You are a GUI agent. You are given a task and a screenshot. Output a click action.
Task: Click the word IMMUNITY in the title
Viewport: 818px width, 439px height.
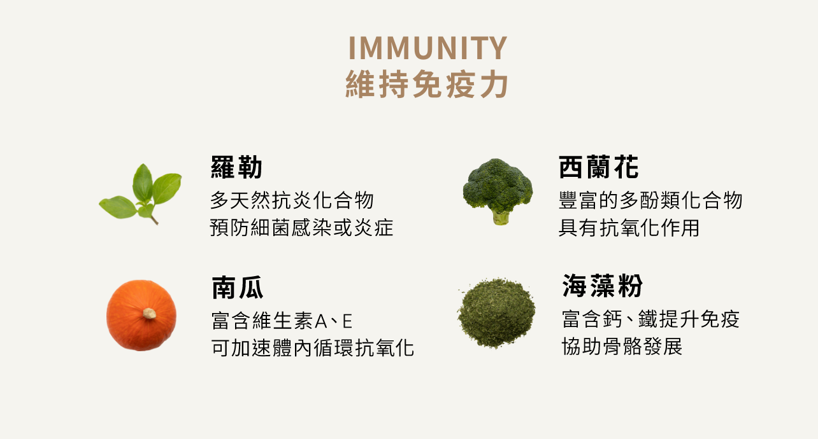tap(427, 48)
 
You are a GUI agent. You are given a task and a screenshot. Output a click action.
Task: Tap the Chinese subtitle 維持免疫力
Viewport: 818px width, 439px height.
tap(427, 84)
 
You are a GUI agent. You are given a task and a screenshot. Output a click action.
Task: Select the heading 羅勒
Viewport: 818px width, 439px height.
tap(236, 167)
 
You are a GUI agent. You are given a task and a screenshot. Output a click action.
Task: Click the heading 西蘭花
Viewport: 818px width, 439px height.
tap(599, 167)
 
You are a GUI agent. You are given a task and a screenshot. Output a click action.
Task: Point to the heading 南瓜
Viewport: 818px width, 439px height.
tap(238, 288)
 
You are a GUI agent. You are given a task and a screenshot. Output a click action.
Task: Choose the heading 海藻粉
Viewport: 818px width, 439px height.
tap(603, 286)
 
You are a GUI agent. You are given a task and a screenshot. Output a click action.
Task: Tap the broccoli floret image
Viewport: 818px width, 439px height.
tap(498, 191)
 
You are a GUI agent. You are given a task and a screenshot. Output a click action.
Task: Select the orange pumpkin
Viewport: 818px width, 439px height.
tap(141, 316)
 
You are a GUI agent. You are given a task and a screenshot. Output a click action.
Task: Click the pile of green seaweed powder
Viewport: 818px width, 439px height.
tap(496, 312)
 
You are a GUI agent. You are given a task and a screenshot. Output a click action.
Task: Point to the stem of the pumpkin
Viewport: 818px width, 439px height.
tap(149, 313)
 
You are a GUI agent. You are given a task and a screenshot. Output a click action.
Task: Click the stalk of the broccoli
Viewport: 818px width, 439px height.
tap(501, 218)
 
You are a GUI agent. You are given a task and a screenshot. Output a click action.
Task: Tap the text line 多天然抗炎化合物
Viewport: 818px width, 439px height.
tap(292, 200)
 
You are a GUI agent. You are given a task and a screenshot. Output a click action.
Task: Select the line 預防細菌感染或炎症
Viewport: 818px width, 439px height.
tap(301, 228)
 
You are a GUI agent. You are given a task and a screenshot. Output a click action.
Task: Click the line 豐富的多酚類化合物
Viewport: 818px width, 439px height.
tap(650, 200)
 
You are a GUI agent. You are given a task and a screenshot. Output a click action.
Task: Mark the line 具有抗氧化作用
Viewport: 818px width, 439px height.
tap(629, 228)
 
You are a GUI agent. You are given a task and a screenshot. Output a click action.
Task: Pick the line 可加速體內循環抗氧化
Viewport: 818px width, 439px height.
tap(313, 347)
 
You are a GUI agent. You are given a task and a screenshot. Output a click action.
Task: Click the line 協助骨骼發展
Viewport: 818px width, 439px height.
tap(622, 346)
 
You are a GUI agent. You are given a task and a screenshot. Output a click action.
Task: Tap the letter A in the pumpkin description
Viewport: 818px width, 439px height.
tap(320, 321)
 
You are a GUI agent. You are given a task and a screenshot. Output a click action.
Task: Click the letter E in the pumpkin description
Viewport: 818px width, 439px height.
tap(347, 321)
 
